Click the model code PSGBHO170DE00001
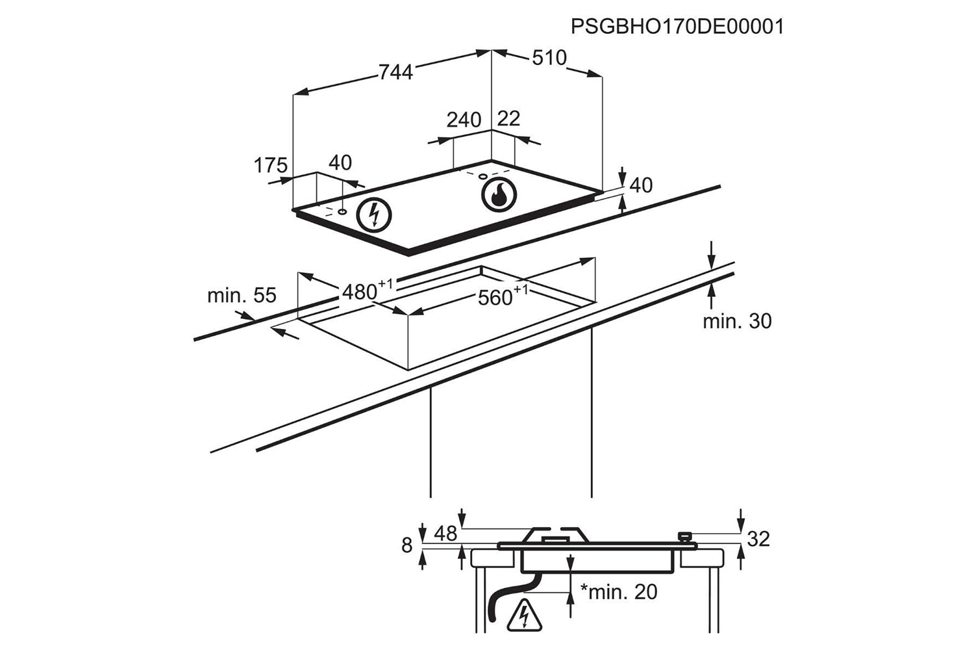(677, 27)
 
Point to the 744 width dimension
(395, 71)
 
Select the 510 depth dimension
(549, 58)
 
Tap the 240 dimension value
(464, 120)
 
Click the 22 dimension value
(509, 118)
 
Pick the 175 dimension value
(270, 166)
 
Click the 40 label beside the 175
(340, 162)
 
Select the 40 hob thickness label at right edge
(641, 185)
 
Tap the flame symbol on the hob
(499, 194)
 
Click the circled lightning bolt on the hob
(373, 214)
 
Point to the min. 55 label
(242, 295)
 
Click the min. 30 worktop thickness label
(737, 320)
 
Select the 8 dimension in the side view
(407, 545)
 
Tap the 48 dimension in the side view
(445, 534)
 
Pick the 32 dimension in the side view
(758, 538)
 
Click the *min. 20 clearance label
(619, 591)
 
